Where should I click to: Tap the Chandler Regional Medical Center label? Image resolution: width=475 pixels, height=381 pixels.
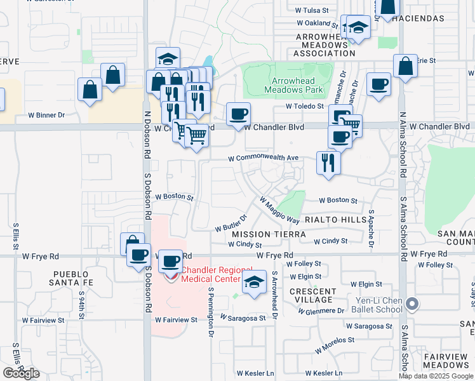pyautogui.click(x=210, y=274)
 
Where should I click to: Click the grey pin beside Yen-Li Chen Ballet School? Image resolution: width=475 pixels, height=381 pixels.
pyautogui.click(x=411, y=304)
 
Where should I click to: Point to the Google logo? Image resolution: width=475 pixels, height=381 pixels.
pyautogui.click(x=22, y=373)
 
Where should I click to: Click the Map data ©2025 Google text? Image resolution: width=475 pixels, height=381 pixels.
pyautogui.click(x=437, y=376)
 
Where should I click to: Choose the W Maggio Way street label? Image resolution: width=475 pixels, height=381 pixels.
pyautogui.click(x=279, y=210)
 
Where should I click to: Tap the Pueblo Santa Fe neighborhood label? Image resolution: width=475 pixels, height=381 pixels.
pyautogui.click(x=72, y=277)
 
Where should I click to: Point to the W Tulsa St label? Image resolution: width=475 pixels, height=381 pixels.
pyautogui.click(x=312, y=10)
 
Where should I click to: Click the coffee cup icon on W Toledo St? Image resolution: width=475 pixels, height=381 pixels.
pyautogui.click(x=379, y=84)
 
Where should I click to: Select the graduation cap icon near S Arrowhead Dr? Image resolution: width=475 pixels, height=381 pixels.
pyautogui.click(x=254, y=283)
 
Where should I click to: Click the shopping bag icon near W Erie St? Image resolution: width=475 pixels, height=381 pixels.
pyautogui.click(x=405, y=65)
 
